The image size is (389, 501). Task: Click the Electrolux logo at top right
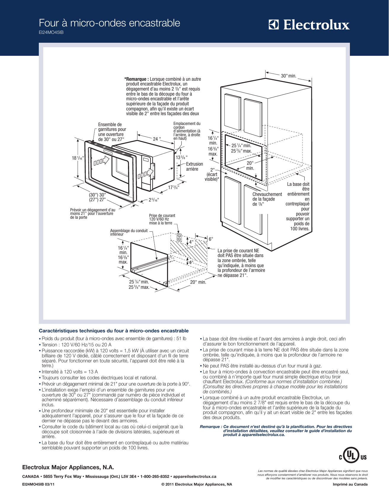click(309, 25)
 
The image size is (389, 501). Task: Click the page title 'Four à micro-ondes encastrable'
click(109, 23)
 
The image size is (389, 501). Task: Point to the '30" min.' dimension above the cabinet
click(288, 76)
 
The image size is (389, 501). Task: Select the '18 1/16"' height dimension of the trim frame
click(78, 158)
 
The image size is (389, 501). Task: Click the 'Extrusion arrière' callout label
click(194, 167)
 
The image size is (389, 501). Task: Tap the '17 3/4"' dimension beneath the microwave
click(173, 187)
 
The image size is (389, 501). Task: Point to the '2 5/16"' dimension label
click(153, 200)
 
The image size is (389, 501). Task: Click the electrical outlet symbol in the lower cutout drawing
click(179, 237)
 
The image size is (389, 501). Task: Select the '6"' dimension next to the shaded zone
click(211, 239)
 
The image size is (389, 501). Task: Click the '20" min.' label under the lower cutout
click(198, 282)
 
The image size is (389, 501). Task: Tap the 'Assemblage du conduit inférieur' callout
click(129, 232)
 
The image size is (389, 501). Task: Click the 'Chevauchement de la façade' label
click(267, 199)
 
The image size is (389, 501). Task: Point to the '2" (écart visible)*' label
click(212, 175)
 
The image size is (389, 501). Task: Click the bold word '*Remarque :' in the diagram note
click(136, 79)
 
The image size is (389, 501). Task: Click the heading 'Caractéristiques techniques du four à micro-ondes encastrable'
click(113, 331)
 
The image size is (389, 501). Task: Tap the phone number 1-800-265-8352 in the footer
click(155, 476)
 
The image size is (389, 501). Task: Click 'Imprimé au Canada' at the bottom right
click(350, 484)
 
